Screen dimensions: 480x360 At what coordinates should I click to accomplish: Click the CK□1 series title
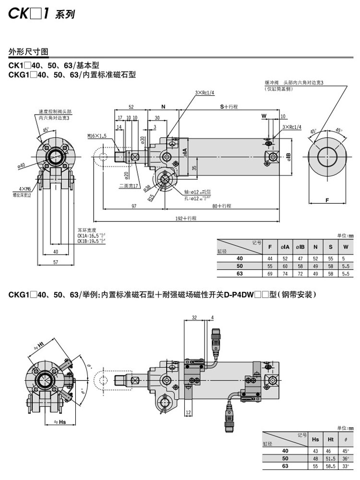(x=41, y=14)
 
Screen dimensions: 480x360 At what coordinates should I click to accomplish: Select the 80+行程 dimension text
(x=221, y=206)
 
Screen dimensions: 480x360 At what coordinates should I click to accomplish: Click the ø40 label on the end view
(x=21, y=166)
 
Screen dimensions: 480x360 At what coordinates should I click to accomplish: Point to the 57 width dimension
(x=55, y=263)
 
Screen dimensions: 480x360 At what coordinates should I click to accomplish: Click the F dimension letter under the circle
(x=326, y=200)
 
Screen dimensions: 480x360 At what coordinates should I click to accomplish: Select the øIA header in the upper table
(x=285, y=246)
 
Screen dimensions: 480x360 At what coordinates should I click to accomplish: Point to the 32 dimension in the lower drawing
(x=194, y=317)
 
